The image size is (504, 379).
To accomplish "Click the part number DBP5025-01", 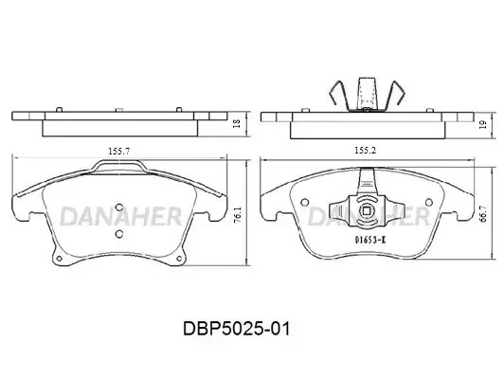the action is (x=237, y=329).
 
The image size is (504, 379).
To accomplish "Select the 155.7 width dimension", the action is (x=119, y=151).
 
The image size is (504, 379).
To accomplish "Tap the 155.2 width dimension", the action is (x=365, y=150).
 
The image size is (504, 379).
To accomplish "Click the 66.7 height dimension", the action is (x=483, y=214).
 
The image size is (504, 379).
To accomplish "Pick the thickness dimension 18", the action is (x=236, y=122).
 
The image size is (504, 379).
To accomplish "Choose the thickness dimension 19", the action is (x=482, y=124).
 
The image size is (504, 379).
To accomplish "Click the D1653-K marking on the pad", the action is (x=370, y=239).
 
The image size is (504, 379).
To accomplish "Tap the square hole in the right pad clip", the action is (x=367, y=211).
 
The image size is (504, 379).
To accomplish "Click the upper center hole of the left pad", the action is (x=119, y=208).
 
